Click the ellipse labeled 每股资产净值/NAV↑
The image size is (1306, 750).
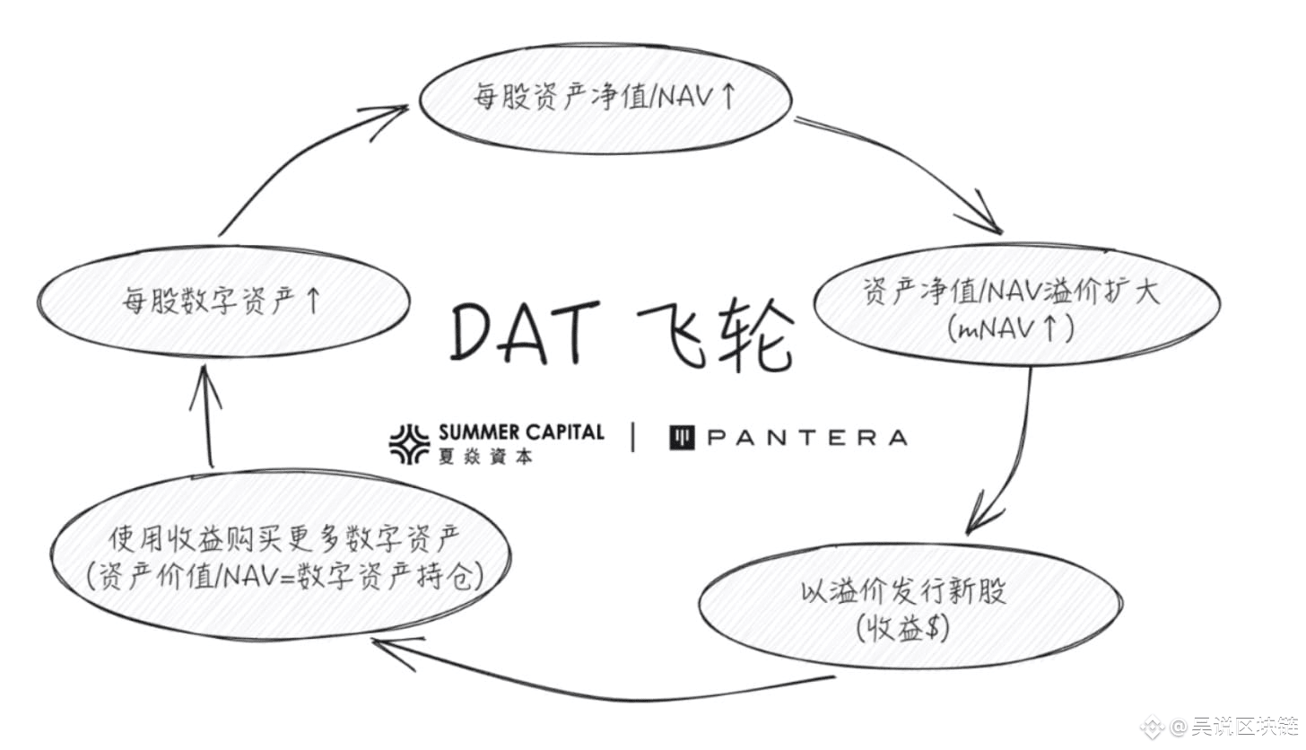click(605, 97)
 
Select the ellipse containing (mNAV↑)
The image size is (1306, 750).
click(1016, 305)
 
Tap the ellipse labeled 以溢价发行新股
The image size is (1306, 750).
click(909, 606)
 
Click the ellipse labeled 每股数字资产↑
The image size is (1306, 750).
click(223, 301)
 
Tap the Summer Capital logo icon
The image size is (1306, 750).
click(409, 443)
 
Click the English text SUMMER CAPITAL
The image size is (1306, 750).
click(521, 432)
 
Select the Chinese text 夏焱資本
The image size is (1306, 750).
click(485, 457)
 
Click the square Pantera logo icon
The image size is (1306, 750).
click(683, 438)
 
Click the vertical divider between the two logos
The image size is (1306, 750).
click(634, 438)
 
